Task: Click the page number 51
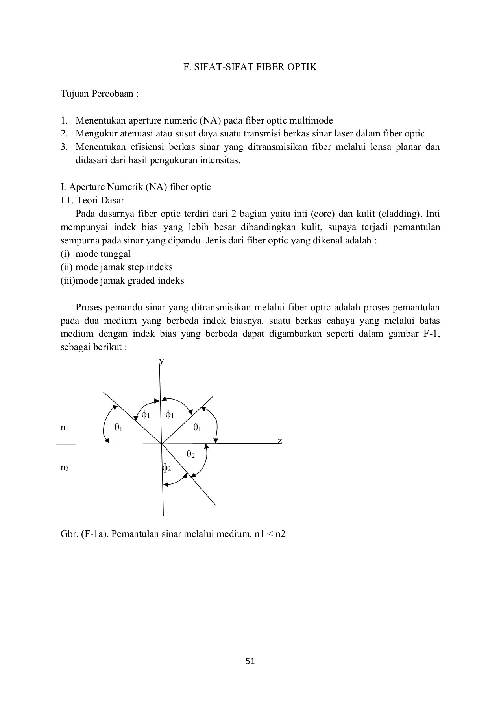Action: point(250,661)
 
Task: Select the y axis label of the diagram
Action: point(161,360)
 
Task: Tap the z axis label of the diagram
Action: point(279,441)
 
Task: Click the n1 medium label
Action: point(65,428)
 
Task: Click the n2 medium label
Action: point(65,468)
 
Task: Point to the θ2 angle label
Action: point(190,455)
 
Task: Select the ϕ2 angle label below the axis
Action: point(166,468)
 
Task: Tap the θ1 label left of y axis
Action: point(118,428)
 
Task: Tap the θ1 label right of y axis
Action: point(197,428)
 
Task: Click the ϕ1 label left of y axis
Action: point(145,415)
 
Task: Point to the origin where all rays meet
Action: point(161,444)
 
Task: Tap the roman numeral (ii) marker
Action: point(67,267)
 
